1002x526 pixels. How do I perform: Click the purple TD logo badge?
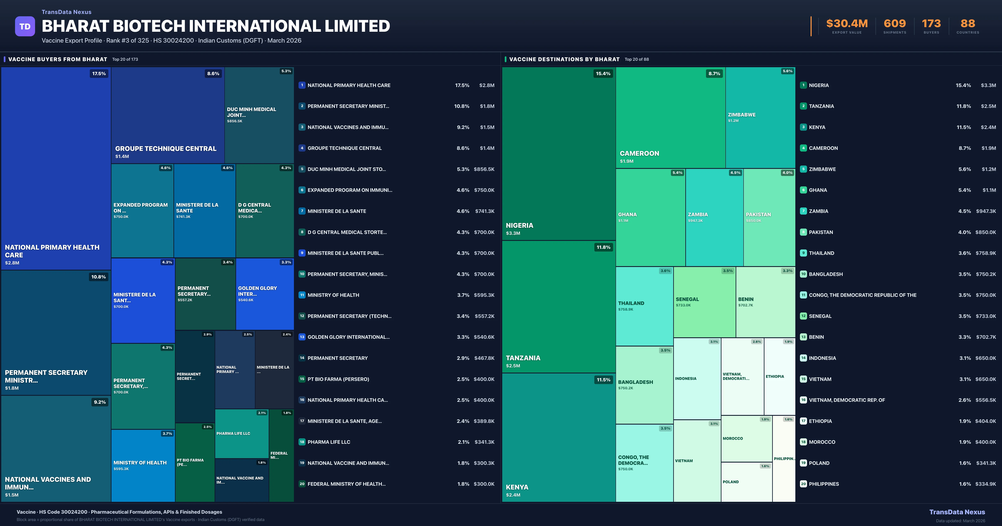(25, 27)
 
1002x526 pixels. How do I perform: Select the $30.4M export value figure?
(847, 24)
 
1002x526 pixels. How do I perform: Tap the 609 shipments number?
(895, 24)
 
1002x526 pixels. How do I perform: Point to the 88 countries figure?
(968, 24)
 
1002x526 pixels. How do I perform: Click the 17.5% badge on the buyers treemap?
(99, 73)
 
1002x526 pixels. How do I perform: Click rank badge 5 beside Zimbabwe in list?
(803, 169)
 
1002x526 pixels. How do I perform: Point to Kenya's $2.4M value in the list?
(988, 127)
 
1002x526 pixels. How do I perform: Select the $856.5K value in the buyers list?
(484, 169)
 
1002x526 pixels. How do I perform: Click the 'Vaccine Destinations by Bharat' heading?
(564, 59)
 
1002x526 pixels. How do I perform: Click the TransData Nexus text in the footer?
(957, 512)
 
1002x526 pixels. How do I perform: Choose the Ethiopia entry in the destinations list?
(820, 421)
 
